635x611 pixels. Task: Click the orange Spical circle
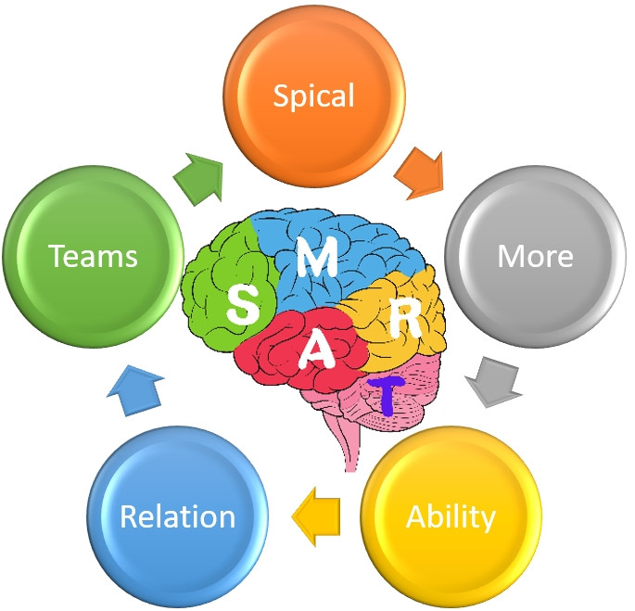314,95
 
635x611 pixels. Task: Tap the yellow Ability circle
451,516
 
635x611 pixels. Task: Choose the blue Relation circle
178,516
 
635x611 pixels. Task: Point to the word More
535,255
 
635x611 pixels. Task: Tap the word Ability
451,516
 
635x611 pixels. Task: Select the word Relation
178,516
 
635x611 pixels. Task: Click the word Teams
93,255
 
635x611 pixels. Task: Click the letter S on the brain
244,303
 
